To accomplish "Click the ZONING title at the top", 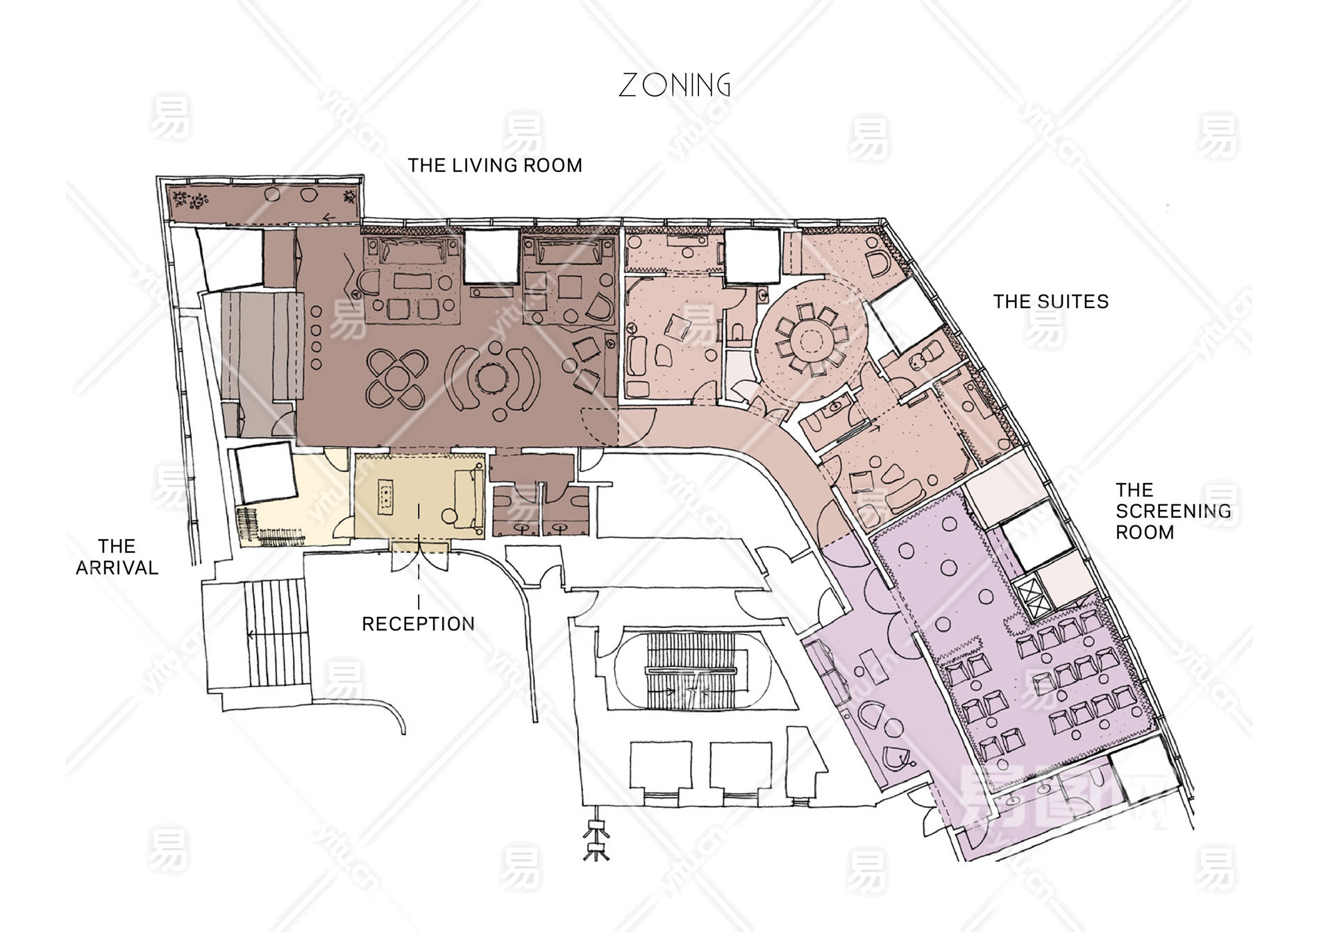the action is tap(674, 85).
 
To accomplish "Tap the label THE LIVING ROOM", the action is tap(495, 165).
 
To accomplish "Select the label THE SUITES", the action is tap(1050, 301).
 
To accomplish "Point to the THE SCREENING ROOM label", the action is tap(1173, 511).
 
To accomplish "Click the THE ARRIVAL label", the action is tap(117, 557).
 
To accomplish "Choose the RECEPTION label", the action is tap(419, 624).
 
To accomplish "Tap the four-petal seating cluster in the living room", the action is tap(396, 378).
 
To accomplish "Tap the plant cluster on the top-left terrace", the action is tap(191, 201).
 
